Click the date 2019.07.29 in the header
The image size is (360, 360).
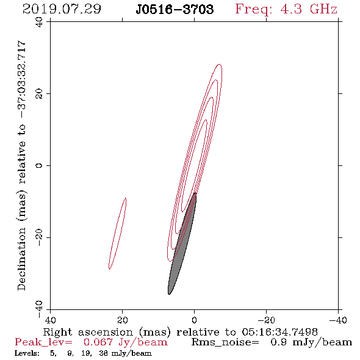coord(62,9)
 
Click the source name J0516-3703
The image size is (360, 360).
coord(175,9)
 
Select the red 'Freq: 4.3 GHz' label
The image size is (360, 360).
coord(286,9)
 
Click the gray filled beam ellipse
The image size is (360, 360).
coord(182,243)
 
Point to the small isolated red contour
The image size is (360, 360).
coord(117,234)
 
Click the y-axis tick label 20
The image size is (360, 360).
coord(39,94)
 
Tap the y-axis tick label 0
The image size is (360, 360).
coord(39,165)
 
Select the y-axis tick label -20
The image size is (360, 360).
coord(39,237)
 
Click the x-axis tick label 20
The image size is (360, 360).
coord(122,320)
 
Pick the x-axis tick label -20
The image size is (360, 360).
coord(266,320)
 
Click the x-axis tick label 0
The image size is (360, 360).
coord(194,320)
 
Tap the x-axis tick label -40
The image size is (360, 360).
coord(338,320)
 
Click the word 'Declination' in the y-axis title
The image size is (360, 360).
coord(21,259)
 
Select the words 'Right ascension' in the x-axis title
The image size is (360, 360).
coord(88,332)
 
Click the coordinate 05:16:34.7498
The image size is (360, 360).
coord(279,332)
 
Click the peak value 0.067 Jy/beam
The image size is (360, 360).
coord(125,342)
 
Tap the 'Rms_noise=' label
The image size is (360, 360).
coord(225,342)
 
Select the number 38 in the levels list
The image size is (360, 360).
coord(104,353)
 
